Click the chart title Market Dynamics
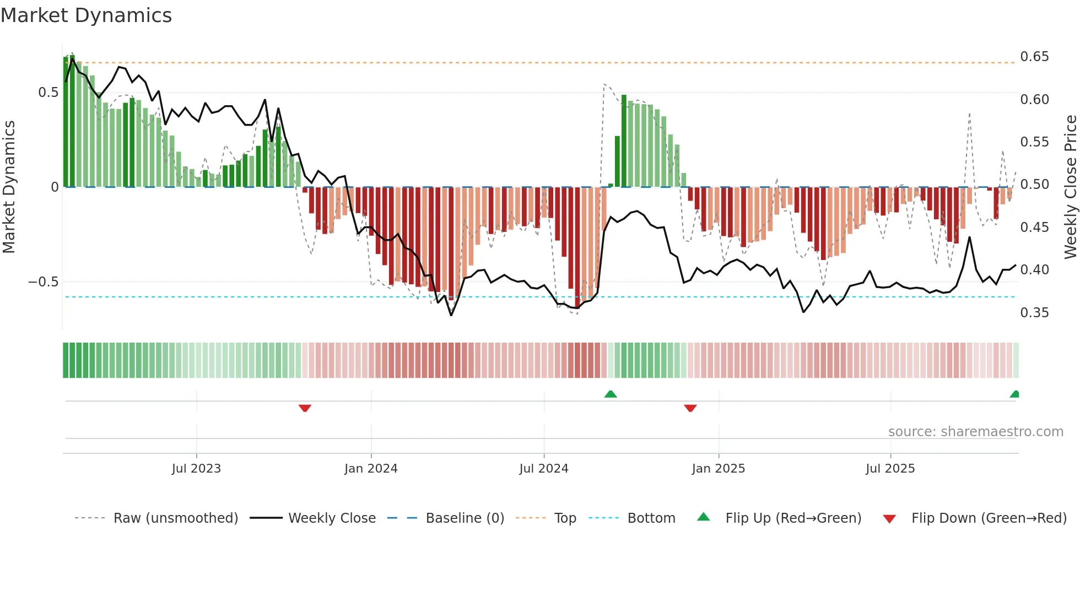tap(87, 15)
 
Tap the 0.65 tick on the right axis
tap(1034, 57)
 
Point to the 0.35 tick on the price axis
tap(1034, 313)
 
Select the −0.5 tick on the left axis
tap(43, 282)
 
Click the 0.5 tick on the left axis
tap(48, 93)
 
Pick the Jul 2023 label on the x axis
tap(196, 469)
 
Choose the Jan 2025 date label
tap(718, 469)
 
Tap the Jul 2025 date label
tap(890, 469)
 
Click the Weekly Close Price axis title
tap(1070, 187)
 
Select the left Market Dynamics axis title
tap(9, 187)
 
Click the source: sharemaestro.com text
tap(975, 432)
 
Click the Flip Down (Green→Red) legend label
tap(989, 518)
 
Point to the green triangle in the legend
tap(704, 517)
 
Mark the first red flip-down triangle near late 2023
tap(305, 408)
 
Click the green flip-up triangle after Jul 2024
tap(611, 394)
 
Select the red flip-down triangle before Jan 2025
tap(690, 408)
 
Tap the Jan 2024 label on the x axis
tap(371, 469)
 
